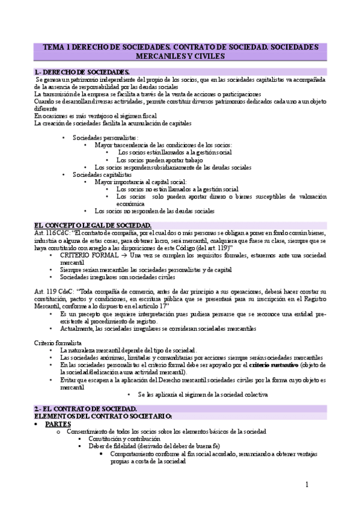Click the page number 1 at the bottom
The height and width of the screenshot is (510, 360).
point(307,484)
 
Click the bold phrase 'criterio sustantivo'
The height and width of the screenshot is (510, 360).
point(273,364)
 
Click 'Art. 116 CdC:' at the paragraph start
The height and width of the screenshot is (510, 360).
point(52,232)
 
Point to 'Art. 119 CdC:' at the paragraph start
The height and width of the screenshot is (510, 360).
point(52,290)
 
